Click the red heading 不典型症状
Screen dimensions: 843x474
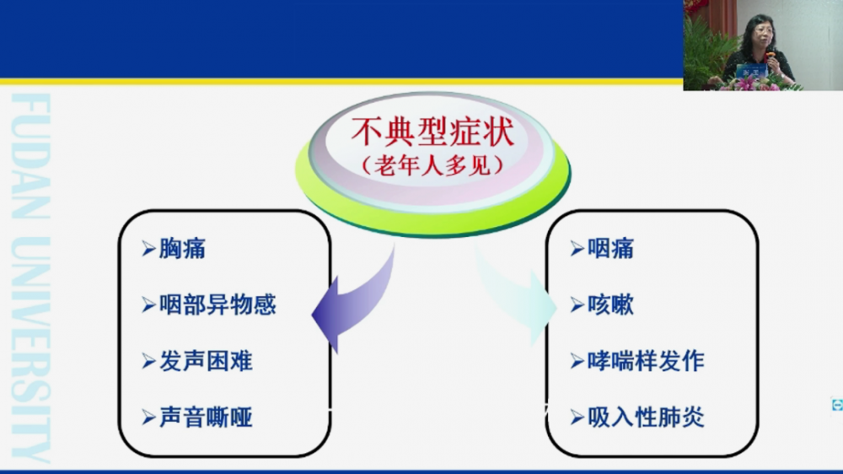pos(432,132)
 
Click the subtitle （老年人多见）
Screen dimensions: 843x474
pos(432,165)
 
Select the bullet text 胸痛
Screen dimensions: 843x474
pos(182,249)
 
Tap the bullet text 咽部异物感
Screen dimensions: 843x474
pos(217,305)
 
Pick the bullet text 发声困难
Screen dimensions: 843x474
pos(206,361)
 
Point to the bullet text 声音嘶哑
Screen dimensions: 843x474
pos(206,417)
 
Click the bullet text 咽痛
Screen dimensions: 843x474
pos(610,249)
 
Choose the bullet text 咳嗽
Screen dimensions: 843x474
pos(610,305)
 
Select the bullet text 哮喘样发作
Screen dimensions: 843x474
pos(646,361)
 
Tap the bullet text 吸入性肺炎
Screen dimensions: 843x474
pos(646,417)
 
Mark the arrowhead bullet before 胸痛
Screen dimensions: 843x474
pos(149,249)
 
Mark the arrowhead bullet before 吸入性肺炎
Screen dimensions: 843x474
pos(577,417)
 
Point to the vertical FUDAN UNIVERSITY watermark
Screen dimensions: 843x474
pos(30,277)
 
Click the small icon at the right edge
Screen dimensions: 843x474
pos(837,405)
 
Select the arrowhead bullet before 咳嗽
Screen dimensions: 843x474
pos(577,305)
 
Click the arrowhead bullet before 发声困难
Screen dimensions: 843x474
pos(149,361)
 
